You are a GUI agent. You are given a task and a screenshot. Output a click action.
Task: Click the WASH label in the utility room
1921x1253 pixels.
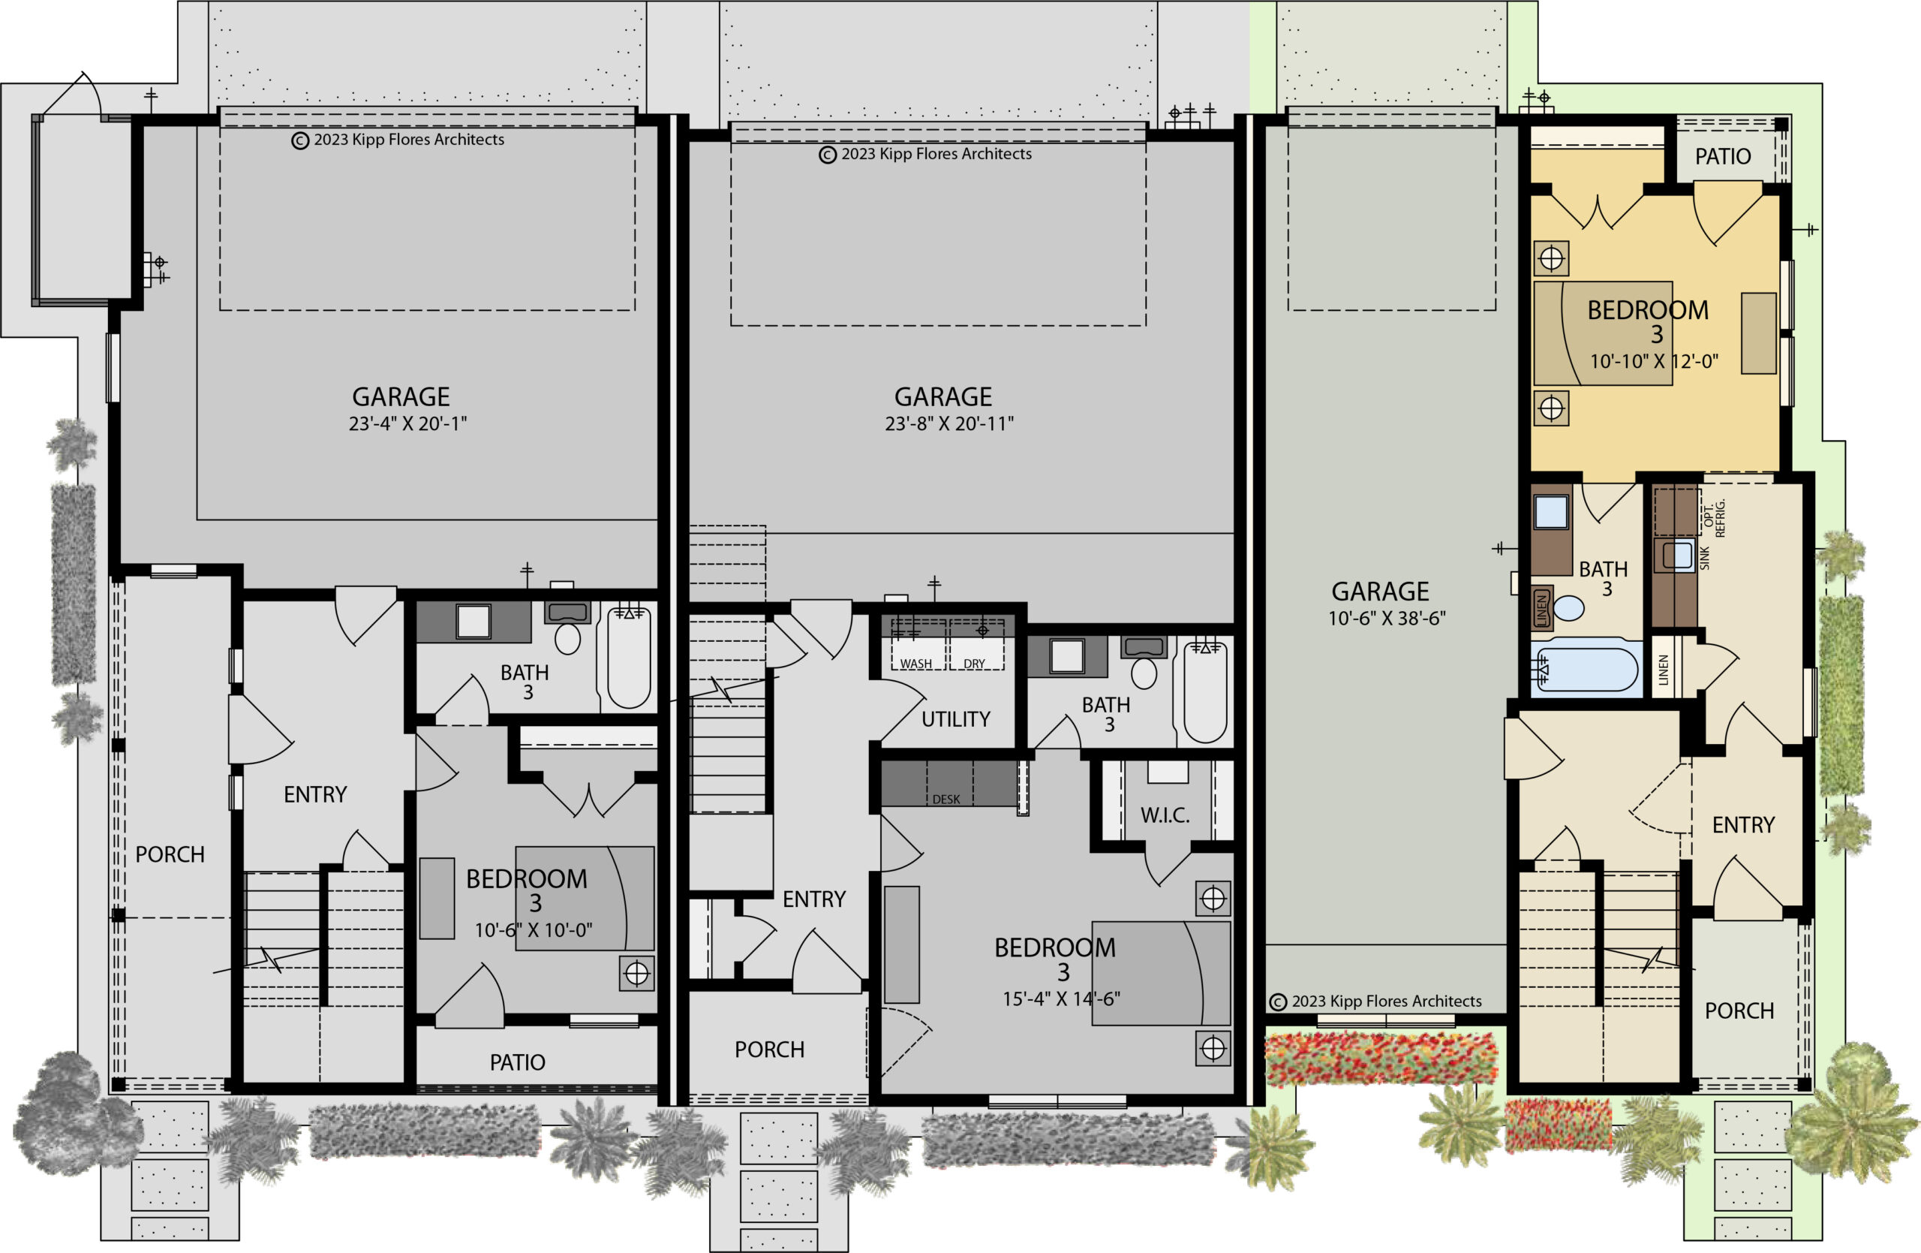pos(916,664)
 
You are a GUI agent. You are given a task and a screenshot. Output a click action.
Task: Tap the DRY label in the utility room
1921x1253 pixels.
pos(974,664)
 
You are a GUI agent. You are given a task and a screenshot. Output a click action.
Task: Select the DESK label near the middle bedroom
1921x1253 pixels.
pos(946,800)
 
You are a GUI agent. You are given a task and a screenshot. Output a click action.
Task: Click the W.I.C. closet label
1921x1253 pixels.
pos(1165,815)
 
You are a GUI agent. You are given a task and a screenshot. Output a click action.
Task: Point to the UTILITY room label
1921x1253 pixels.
pos(956,719)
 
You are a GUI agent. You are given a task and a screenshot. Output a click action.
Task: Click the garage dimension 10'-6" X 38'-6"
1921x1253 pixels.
pos(1387,619)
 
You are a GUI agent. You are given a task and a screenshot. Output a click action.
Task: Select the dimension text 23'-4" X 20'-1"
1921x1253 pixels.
pos(407,424)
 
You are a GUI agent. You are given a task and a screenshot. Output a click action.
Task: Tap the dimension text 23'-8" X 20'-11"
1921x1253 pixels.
pos(949,424)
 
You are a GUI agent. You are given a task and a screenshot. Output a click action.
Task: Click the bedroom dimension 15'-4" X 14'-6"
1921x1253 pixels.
pos(1061,999)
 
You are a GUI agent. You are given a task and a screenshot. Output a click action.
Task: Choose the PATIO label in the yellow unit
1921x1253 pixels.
pos(1722,157)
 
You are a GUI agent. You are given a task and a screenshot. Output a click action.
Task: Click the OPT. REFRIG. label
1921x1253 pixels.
pos(1715,517)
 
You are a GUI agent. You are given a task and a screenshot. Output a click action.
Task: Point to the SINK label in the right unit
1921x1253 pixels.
pos(1705,558)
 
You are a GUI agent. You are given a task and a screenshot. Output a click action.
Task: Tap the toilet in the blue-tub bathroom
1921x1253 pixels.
pos(1568,608)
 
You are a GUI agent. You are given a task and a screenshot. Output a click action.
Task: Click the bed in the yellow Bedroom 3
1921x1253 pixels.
pos(1603,333)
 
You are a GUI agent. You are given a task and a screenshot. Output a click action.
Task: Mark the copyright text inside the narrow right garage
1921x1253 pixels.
pos(1375,1001)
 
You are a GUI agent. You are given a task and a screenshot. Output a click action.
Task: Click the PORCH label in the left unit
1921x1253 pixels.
pos(170,854)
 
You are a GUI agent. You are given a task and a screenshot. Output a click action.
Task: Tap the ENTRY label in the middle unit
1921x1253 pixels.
pos(813,899)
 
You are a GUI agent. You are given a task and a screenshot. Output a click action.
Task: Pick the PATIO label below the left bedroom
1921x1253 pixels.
pos(517,1062)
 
